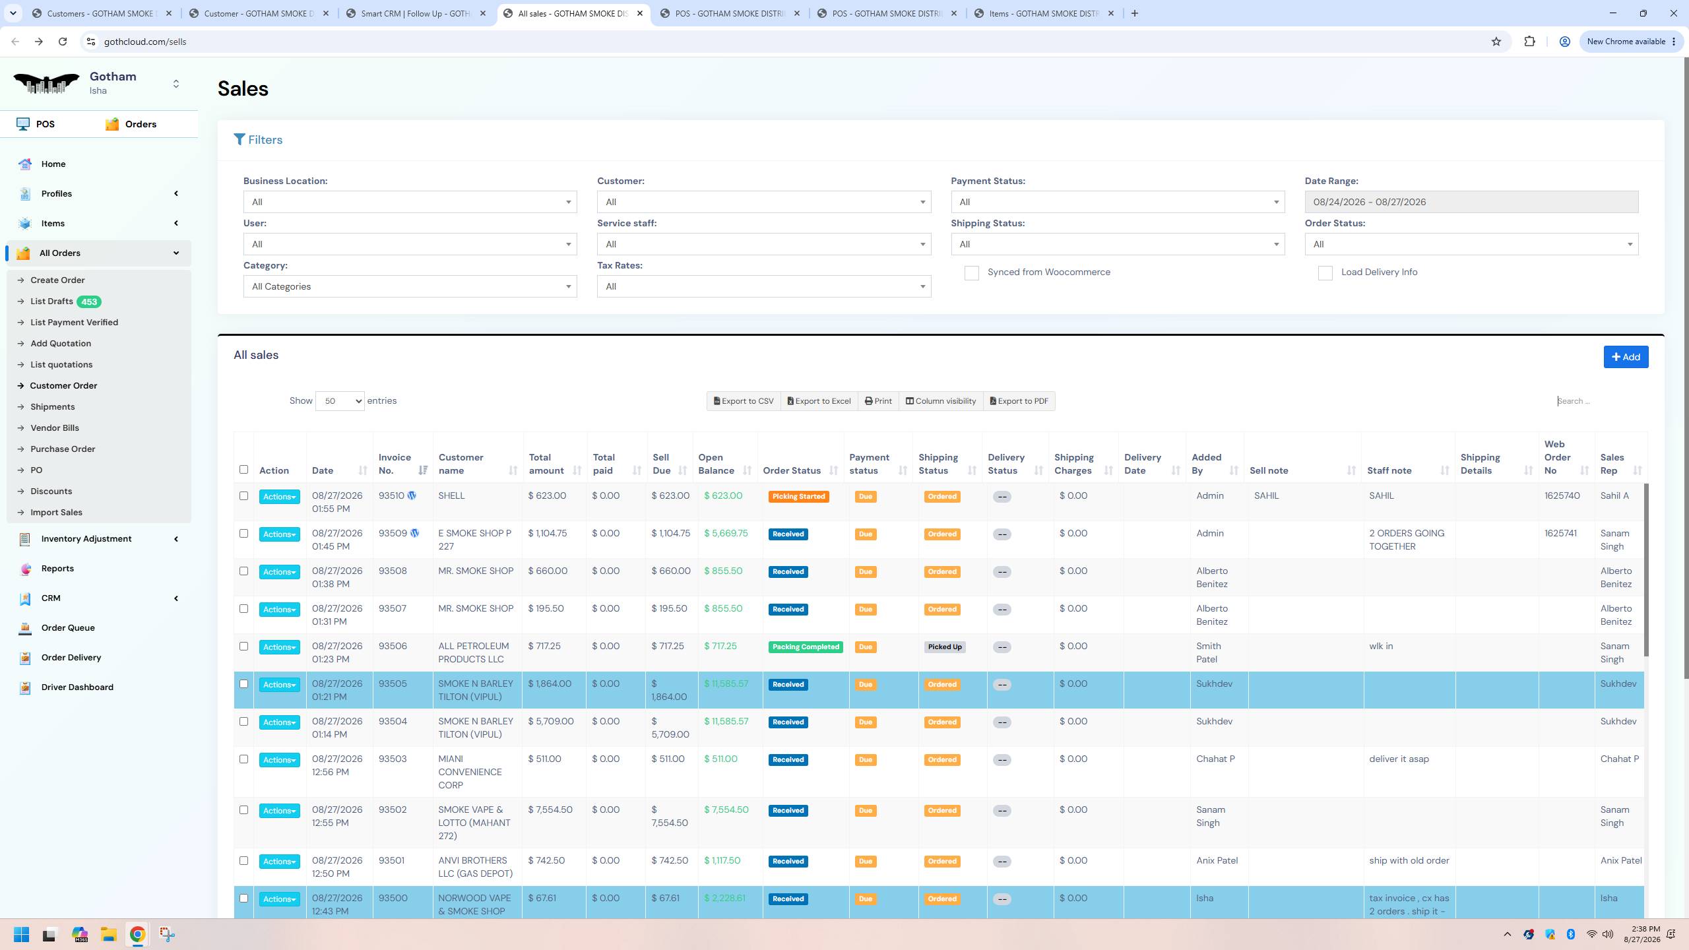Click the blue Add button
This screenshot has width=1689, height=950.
click(x=1626, y=357)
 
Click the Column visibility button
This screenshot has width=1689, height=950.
click(x=941, y=401)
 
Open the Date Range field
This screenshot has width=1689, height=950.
click(x=1471, y=202)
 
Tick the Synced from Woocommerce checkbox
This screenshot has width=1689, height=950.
click(x=971, y=273)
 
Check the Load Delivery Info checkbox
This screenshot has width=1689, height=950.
click(x=1325, y=273)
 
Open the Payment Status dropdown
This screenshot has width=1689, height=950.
click(x=1118, y=202)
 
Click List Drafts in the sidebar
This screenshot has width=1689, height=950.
click(x=51, y=301)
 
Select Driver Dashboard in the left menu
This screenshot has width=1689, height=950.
click(x=77, y=687)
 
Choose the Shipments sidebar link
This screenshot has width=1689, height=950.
click(x=52, y=407)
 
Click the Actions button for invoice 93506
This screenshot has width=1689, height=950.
click(x=279, y=647)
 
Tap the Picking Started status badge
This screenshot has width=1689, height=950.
click(x=798, y=497)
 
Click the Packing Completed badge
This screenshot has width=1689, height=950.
click(x=806, y=647)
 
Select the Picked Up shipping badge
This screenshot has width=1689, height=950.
click(x=945, y=647)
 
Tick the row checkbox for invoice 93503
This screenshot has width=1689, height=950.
click(x=243, y=759)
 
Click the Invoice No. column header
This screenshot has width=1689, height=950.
click(x=395, y=464)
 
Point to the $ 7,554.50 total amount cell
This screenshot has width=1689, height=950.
click(x=550, y=810)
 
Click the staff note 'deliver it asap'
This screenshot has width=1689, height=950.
click(x=1399, y=759)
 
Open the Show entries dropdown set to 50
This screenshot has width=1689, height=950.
click(x=340, y=401)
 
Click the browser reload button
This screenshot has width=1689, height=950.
click(x=63, y=42)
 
